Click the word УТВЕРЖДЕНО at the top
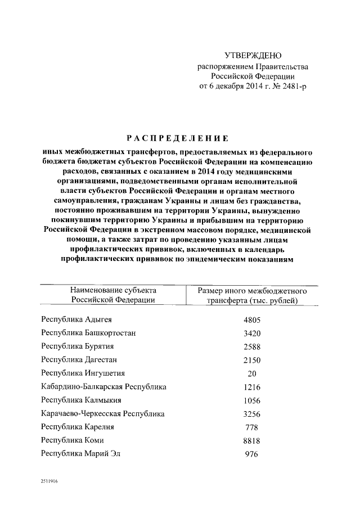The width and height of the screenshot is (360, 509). coord(253,56)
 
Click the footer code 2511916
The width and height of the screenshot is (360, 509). coord(49,482)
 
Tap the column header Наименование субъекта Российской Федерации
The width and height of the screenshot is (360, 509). coord(113,295)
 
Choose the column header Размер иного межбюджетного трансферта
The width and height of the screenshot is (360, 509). coord(252,295)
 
